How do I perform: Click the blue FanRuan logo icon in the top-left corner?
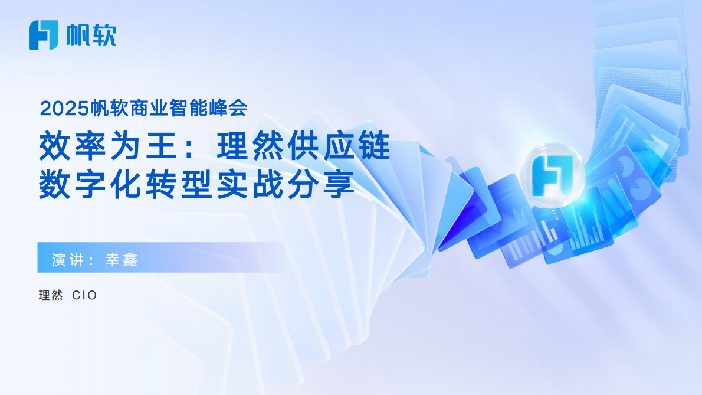coord(44,35)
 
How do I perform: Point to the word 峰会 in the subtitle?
coord(232,108)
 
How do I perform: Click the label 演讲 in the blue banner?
coord(67,260)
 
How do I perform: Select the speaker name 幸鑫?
coord(121,260)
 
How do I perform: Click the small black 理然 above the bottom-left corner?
coord(51,295)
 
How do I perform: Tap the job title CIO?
coord(84,295)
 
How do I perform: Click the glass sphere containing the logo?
coord(554,174)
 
